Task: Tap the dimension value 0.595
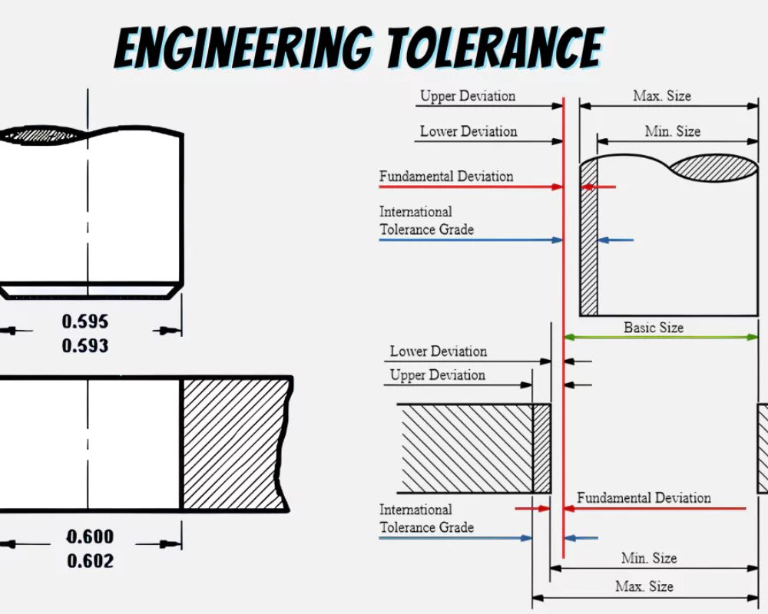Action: coord(85,322)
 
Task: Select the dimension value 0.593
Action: coord(85,345)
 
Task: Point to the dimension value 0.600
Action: coord(91,536)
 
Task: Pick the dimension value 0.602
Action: coord(91,560)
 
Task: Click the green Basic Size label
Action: coord(654,328)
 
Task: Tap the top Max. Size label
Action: coord(662,95)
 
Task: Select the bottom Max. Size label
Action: coord(644,586)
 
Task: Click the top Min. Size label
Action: coord(673,131)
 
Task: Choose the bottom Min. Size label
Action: coord(649,558)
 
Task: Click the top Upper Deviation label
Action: coord(468,96)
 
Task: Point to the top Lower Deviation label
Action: coord(468,131)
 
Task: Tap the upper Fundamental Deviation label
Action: coord(446,177)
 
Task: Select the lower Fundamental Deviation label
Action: coord(644,498)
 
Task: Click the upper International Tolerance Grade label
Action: coord(426,220)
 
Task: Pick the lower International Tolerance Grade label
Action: coord(426,519)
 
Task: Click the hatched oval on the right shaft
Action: coord(713,168)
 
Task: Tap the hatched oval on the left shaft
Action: coord(41,134)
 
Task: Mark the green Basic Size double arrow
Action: coord(660,337)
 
